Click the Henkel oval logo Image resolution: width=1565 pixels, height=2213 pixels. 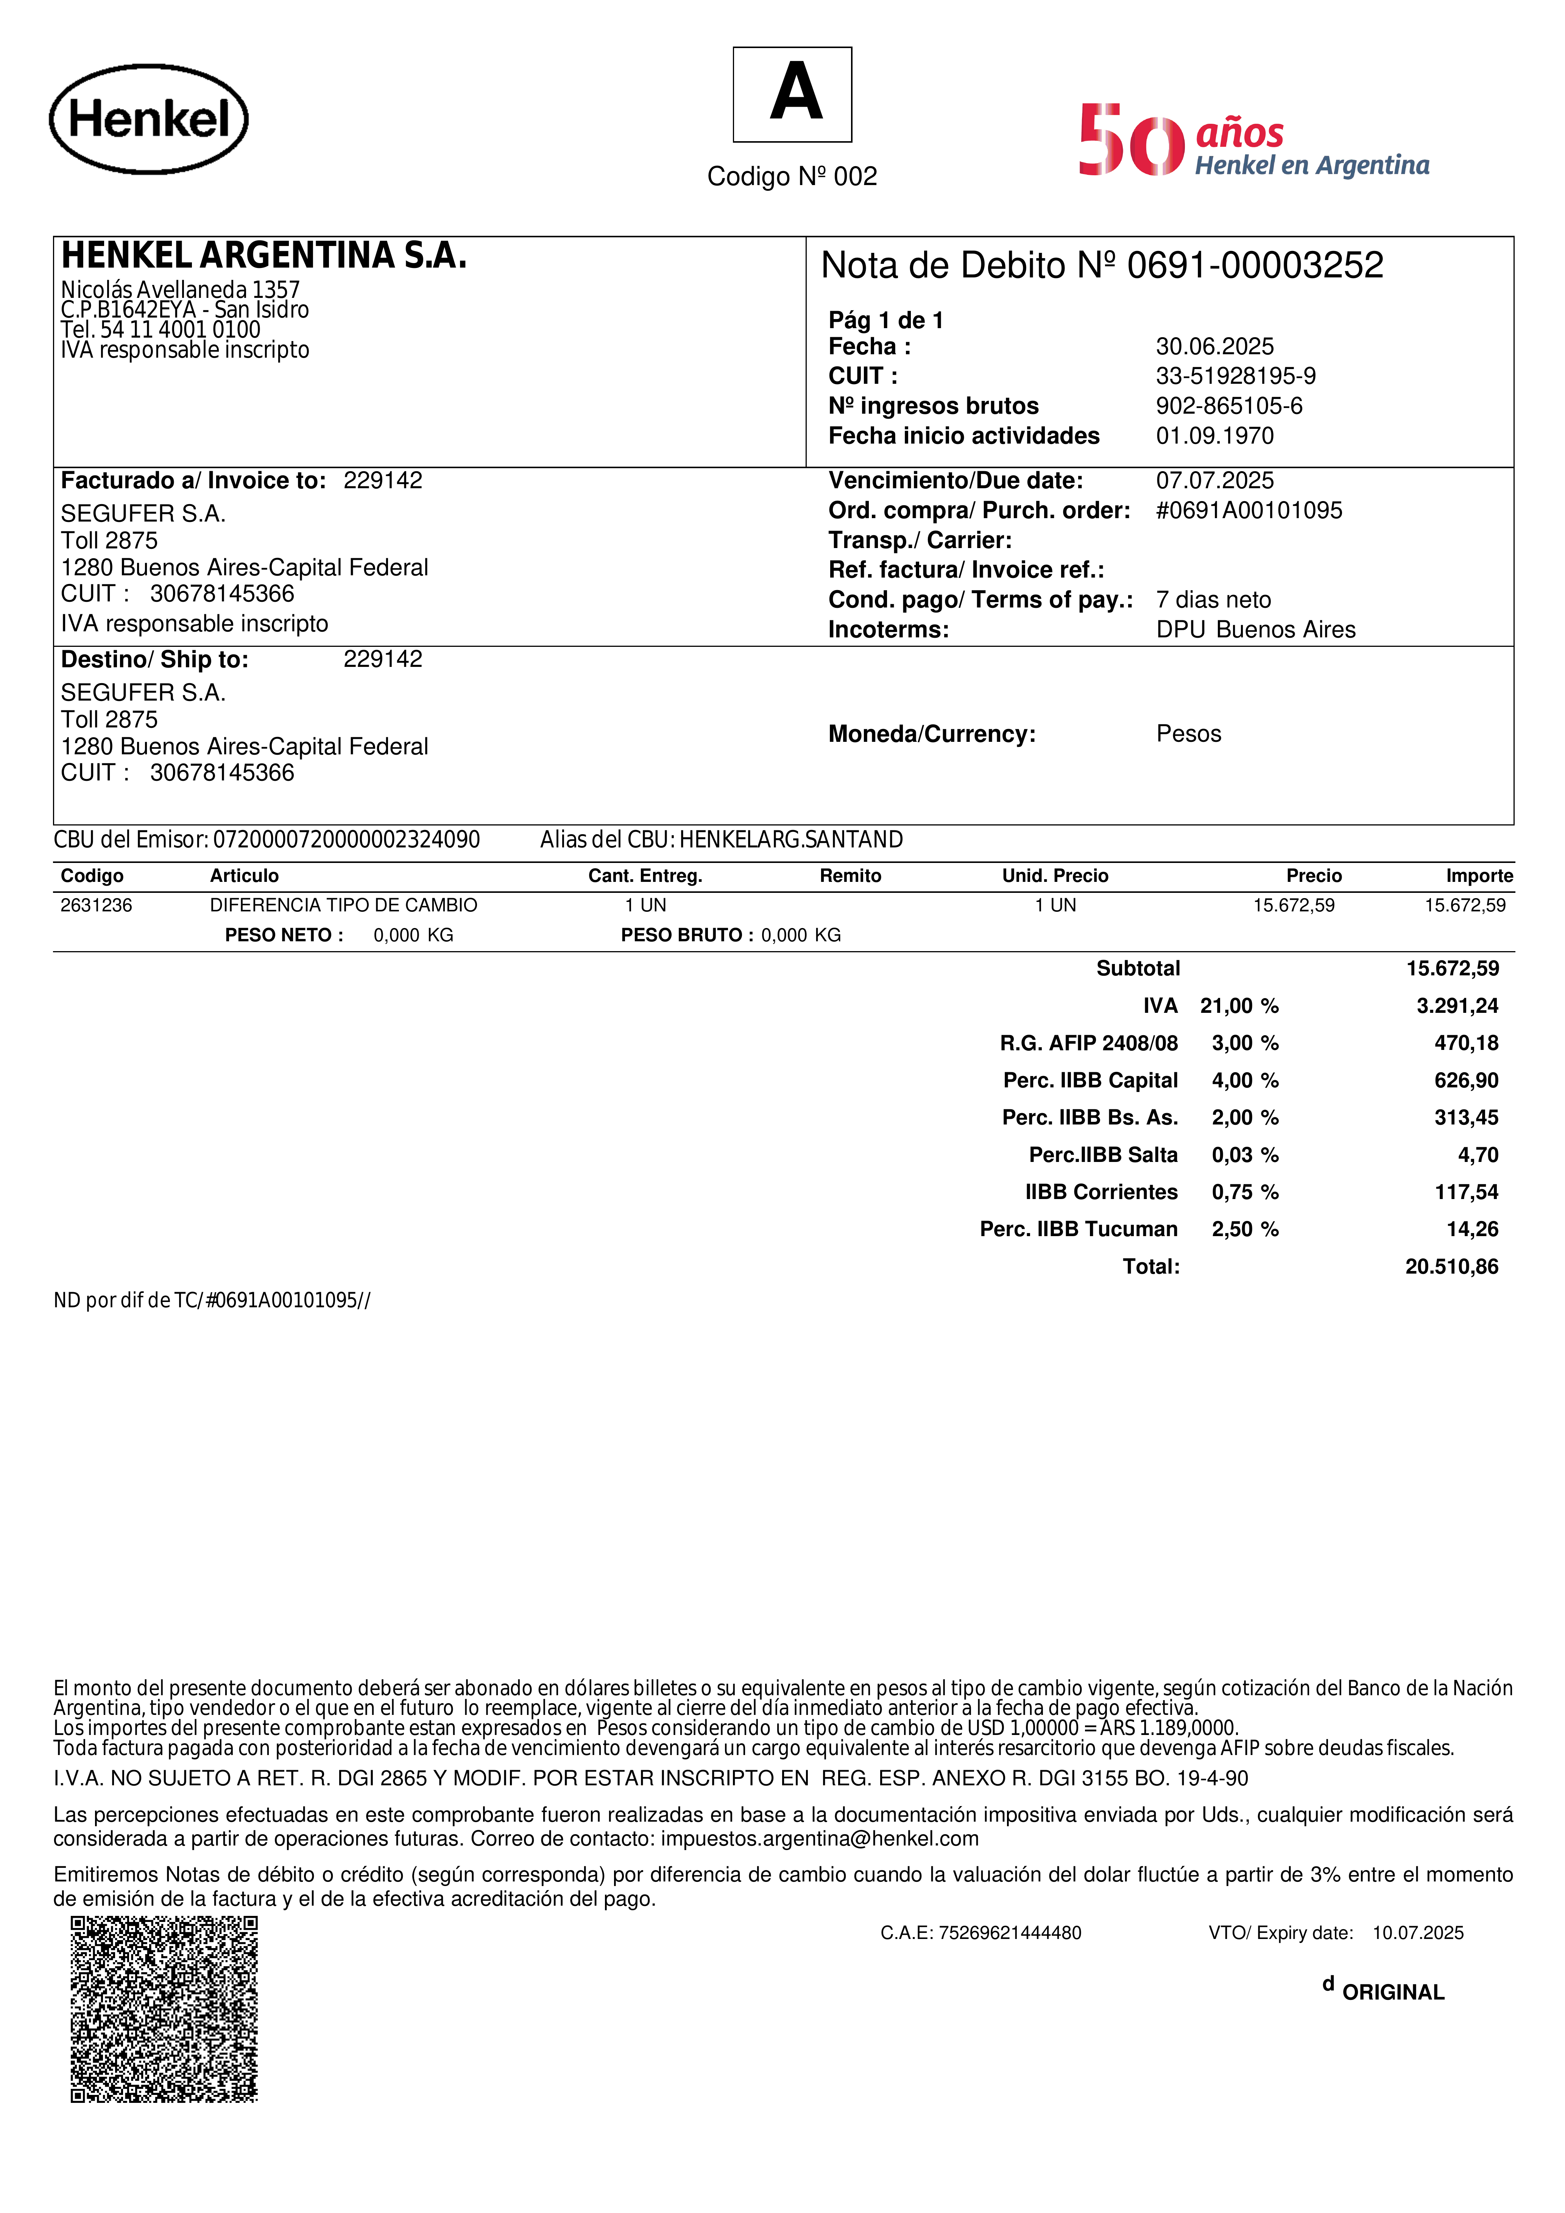[x=148, y=120]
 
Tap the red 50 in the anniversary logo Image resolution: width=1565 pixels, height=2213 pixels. [x=1131, y=141]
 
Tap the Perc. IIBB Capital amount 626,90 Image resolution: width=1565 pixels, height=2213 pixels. [x=1466, y=1081]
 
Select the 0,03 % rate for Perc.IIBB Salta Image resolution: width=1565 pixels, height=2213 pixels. [x=1244, y=1155]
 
